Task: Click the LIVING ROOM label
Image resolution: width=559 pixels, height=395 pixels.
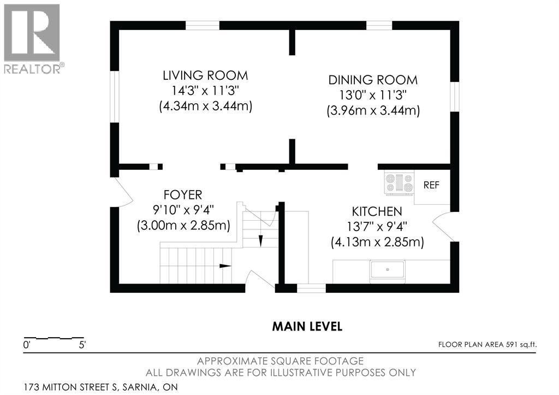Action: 205,75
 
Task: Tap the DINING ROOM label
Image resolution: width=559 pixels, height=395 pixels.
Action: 373,80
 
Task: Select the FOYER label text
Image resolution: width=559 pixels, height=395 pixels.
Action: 183,195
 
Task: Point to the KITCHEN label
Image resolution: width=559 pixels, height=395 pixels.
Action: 377,211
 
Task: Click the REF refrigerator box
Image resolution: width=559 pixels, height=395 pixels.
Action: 432,187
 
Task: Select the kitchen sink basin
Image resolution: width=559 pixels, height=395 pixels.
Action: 388,270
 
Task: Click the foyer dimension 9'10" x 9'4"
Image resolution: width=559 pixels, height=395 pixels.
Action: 183,209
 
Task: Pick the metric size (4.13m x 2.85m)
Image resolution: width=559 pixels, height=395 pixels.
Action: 378,242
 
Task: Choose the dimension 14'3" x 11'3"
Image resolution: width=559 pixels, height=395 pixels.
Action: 205,91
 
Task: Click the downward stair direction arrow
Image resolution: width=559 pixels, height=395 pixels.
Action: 260,241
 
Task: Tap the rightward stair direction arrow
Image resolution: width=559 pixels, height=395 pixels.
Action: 225,266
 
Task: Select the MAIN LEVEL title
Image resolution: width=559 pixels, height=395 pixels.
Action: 307,327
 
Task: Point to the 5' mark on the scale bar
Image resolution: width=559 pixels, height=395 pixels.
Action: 82,345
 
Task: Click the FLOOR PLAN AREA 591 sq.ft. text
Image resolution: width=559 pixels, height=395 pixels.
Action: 487,345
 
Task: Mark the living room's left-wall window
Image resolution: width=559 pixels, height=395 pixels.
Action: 114,97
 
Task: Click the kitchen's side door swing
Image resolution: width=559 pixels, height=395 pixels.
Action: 443,226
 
